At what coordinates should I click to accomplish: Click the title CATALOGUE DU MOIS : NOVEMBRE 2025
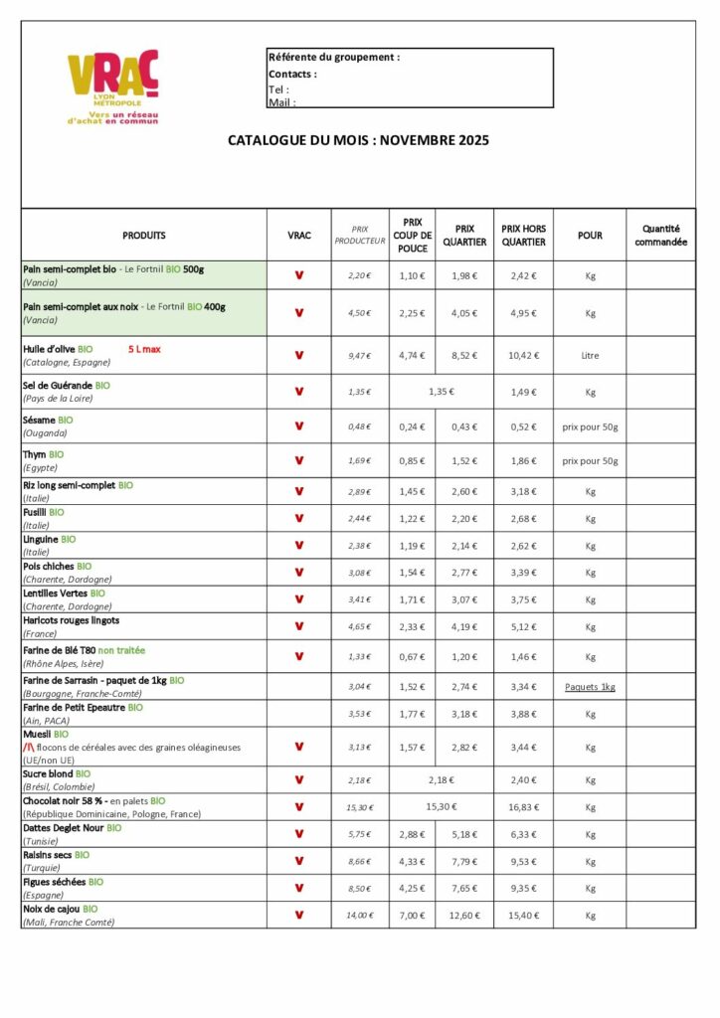pos(358,141)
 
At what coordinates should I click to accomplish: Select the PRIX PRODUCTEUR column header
pos(359,236)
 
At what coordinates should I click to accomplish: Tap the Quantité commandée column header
pos(660,236)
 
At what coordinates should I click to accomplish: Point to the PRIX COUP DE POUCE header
pos(412,236)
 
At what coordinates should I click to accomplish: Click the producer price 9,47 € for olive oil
pos(359,355)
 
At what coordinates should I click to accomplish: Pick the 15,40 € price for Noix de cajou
pos(523,915)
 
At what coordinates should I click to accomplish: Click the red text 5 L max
pos(144,349)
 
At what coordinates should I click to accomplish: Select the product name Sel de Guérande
pos(58,384)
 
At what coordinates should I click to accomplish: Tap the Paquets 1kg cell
pos(590,687)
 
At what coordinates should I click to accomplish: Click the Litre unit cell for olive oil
pos(590,355)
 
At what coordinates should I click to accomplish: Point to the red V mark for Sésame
pos(298,425)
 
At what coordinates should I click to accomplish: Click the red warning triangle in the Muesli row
pos(28,747)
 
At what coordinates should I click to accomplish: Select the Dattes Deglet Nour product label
pos(63,827)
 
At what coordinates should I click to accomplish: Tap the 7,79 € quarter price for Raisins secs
pos(464,861)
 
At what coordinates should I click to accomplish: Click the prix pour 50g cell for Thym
pos(590,461)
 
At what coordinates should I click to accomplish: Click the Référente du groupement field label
pos(334,58)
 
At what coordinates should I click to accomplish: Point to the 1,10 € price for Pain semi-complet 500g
pos(412,275)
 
